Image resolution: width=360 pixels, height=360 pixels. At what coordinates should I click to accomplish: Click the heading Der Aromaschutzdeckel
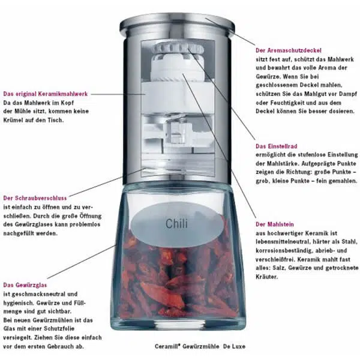[x=289, y=50]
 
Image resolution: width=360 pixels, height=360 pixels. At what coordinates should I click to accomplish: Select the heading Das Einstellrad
[x=277, y=146]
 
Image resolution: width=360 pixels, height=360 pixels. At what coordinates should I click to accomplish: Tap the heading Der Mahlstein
[x=275, y=224]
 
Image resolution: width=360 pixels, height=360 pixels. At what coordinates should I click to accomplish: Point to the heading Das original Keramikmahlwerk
[x=46, y=94]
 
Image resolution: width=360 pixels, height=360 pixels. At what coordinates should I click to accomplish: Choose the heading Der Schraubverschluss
[x=35, y=198]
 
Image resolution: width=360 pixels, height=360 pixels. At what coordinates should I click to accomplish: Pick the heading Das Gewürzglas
[x=25, y=285]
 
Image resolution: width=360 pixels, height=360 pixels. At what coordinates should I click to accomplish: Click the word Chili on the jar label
[x=176, y=224]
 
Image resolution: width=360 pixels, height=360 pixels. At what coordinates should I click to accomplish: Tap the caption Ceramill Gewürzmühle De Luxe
[x=200, y=346]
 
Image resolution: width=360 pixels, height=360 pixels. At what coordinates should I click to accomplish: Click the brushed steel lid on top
[x=177, y=23]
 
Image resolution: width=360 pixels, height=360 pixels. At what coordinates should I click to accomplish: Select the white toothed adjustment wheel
[x=179, y=49]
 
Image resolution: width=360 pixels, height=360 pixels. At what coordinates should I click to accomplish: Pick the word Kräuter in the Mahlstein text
[x=267, y=277]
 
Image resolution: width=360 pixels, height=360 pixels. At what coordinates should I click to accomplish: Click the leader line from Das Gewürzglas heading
[x=82, y=262]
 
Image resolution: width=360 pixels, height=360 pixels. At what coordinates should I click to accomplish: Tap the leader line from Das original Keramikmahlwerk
[x=118, y=94]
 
